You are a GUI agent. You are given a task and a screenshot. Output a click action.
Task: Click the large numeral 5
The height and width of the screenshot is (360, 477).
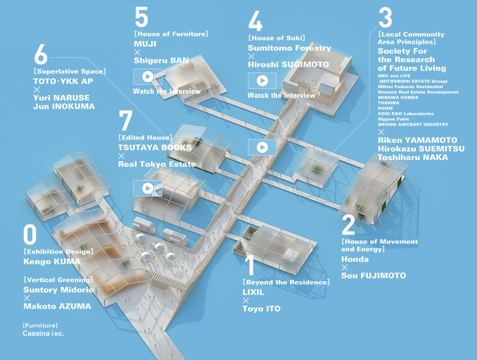pyautogui.click(x=142, y=17)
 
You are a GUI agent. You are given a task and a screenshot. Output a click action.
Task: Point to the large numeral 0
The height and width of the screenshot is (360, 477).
pyautogui.click(x=30, y=235)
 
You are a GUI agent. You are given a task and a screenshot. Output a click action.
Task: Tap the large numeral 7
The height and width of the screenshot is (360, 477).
pyautogui.click(x=125, y=120)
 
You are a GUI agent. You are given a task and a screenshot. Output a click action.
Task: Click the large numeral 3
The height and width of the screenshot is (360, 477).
pyautogui.click(x=385, y=17)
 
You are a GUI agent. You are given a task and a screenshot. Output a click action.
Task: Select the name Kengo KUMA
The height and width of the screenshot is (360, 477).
pyautogui.click(x=52, y=262)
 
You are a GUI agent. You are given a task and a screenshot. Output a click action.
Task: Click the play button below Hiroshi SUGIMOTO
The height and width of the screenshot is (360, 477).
pyautogui.click(x=262, y=80)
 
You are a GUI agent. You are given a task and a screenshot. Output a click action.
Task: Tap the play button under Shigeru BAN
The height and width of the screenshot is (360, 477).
pyautogui.click(x=148, y=76)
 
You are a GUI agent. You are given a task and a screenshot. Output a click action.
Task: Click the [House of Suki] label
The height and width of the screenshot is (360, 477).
pyautogui.click(x=276, y=38)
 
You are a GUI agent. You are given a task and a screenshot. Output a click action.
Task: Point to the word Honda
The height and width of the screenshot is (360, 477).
pyautogui.click(x=355, y=259)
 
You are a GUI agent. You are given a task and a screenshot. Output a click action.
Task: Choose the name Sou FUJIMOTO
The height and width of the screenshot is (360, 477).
pyautogui.click(x=374, y=276)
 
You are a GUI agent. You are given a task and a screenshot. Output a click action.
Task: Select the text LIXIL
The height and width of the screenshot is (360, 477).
pyautogui.click(x=254, y=292)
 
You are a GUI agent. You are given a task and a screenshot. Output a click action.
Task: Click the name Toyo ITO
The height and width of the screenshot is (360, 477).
pyautogui.click(x=262, y=309)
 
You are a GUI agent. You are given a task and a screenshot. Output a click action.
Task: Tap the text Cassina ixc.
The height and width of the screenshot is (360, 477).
pyautogui.click(x=43, y=333)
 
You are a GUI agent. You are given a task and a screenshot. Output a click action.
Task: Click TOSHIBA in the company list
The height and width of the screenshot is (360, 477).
pyautogui.click(x=388, y=103)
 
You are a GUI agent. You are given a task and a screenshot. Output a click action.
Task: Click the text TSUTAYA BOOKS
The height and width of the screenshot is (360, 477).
pyautogui.click(x=155, y=147)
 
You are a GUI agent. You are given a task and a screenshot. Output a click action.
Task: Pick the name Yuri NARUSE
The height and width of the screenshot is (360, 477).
pyautogui.click(x=61, y=98)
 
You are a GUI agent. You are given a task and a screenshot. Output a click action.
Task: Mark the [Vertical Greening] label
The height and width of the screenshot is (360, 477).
pyautogui.click(x=58, y=280)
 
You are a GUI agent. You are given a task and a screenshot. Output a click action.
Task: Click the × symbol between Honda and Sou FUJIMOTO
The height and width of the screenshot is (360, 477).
pyautogui.click(x=345, y=267)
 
